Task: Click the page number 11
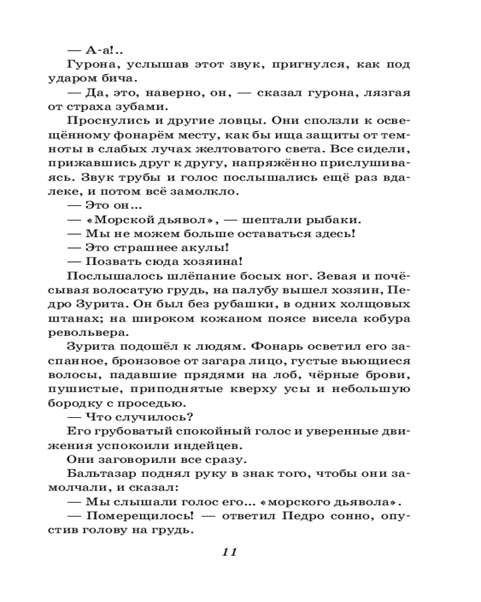pyautogui.click(x=230, y=551)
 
